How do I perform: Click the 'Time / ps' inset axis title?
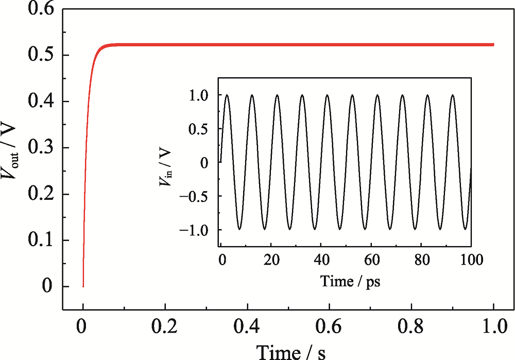350,281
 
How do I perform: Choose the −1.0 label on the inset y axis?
199,230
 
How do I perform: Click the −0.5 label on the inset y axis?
199,196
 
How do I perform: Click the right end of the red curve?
493,45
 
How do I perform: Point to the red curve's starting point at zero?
83,286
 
